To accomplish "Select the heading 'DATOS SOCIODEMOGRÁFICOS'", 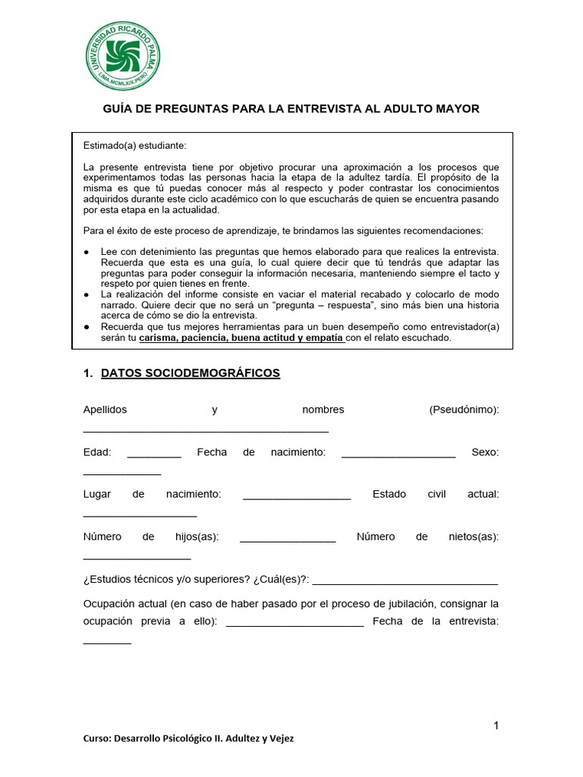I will pos(190,373).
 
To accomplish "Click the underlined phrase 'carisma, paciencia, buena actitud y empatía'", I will pos(242,338).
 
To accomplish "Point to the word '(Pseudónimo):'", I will pos(464,410).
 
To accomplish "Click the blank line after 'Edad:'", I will pos(154,456).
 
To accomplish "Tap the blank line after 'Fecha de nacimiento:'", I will pos(399,456).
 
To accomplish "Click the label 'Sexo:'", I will pos(485,452).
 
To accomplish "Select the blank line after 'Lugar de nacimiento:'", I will pos(297,499).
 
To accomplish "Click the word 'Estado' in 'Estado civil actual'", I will pos(389,494).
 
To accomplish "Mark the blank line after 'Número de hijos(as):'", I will pos(288,541).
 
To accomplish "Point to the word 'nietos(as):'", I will pos(474,536).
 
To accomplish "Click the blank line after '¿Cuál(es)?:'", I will pos(405,584).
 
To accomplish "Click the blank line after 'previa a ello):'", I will pos(295,626).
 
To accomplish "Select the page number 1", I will pos(496,725).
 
